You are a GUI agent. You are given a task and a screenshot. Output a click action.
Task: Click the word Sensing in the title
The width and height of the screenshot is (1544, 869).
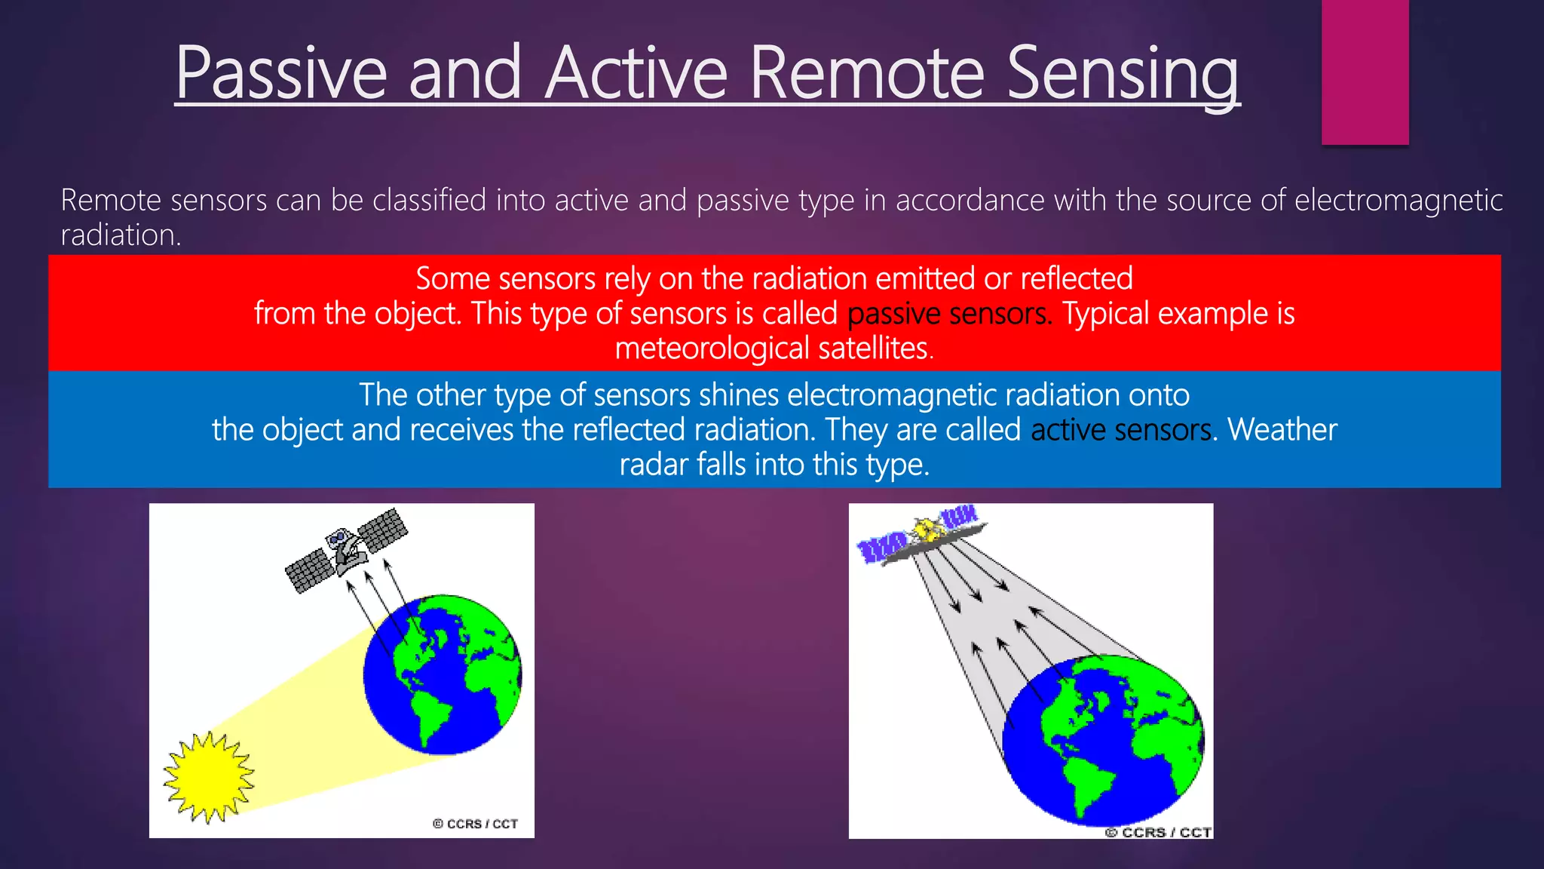(1123, 75)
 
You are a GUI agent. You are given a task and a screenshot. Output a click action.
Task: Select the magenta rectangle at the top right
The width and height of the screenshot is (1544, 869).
(1365, 72)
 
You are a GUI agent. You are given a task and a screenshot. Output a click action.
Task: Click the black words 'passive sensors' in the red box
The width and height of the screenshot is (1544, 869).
(949, 314)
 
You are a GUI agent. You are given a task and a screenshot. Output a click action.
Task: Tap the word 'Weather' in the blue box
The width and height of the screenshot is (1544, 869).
(1282, 429)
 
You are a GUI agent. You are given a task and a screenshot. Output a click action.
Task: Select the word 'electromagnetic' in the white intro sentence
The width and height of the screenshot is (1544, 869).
(1398, 200)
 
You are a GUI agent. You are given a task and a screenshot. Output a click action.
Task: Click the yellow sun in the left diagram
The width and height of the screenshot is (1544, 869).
(209, 777)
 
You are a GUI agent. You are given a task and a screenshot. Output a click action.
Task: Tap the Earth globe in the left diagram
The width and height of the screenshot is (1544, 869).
(443, 675)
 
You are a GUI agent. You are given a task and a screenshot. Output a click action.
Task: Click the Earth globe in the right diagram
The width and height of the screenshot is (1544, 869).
(1103, 741)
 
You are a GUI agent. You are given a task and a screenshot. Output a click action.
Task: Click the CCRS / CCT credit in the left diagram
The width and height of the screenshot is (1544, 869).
(475, 824)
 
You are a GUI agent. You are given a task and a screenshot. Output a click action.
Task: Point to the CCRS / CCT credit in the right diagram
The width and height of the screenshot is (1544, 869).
(1158, 832)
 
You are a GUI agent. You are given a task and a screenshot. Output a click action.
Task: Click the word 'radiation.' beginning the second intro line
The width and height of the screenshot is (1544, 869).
(121, 235)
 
